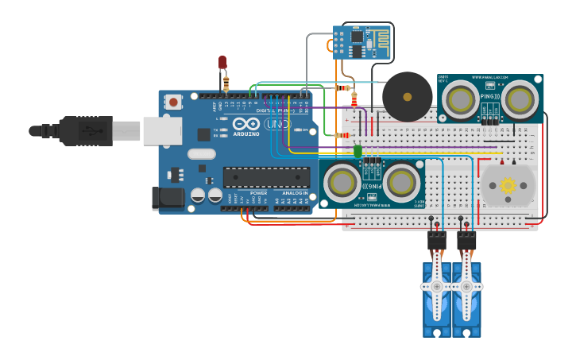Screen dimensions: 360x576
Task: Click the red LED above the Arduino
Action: click(x=222, y=61)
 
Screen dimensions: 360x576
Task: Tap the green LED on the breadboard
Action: click(x=358, y=150)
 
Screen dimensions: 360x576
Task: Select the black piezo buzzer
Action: click(x=407, y=97)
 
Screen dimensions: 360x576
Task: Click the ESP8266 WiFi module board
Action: click(x=361, y=42)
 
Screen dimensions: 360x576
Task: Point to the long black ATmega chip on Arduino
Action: click(x=266, y=176)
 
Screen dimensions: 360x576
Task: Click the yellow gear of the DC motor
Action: click(x=507, y=185)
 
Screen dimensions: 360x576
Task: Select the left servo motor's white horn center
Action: click(x=436, y=286)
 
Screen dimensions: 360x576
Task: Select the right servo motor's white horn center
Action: click(x=466, y=286)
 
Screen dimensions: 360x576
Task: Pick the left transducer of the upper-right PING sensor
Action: click(x=458, y=99)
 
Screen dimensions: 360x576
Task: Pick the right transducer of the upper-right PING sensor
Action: click(x=519, y=99)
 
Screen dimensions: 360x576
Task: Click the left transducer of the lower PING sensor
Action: click(x=342, y=183)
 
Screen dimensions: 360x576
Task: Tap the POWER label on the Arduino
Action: click(x=259, y=193)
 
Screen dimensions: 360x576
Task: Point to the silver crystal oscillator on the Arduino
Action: click(x=202, y=154)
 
